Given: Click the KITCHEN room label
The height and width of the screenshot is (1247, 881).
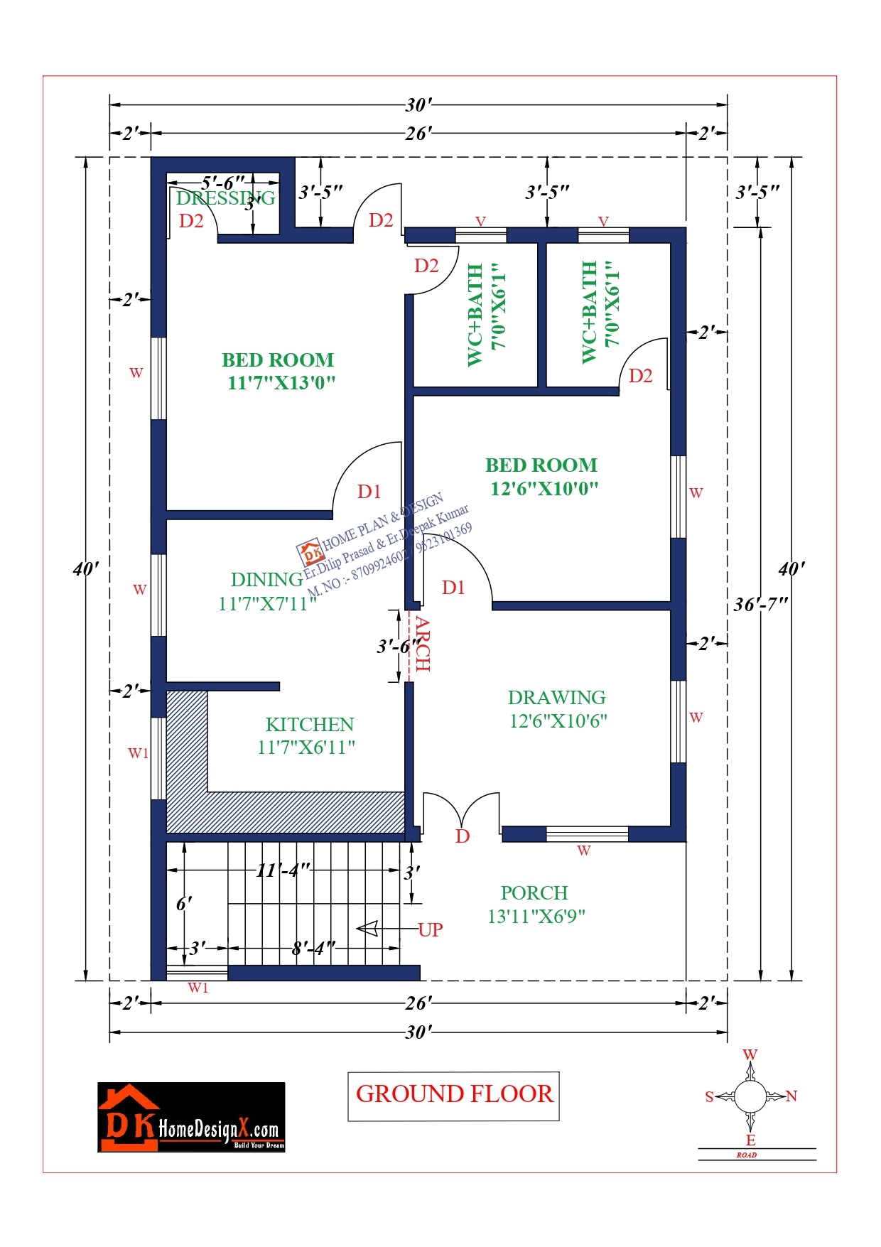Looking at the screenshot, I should [310, 725].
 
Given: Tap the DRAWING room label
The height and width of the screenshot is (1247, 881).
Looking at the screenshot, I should [556, 698].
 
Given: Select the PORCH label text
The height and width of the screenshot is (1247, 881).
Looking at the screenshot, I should [534, 893].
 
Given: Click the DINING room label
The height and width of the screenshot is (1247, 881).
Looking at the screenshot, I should [266, 580].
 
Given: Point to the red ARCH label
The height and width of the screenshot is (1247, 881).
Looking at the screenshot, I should [423, 644].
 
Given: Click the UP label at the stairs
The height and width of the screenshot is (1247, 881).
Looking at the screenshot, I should [431, 929].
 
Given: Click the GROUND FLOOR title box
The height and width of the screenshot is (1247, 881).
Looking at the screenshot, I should [453, 1096].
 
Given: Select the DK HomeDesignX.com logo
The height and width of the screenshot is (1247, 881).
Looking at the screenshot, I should [191, 1117].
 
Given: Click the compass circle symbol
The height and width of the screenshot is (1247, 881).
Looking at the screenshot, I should [750, 1096].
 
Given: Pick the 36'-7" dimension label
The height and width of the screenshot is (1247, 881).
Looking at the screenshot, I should [761, 605].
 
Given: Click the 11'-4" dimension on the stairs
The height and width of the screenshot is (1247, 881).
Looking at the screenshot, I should [283, 870].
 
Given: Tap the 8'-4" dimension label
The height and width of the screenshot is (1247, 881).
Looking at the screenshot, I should [313, 949].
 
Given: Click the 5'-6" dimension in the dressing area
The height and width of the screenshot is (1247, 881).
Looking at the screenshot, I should [222, 183].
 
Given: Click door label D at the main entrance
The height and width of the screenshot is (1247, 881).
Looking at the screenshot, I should [463, 836].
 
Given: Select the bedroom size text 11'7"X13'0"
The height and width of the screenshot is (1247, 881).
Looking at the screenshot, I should [281, 383].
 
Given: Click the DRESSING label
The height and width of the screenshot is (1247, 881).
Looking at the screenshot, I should [225, 198].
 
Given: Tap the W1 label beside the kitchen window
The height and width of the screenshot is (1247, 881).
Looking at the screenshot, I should [138, 753].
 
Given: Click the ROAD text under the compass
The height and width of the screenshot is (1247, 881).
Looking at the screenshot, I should [746, 1155].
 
